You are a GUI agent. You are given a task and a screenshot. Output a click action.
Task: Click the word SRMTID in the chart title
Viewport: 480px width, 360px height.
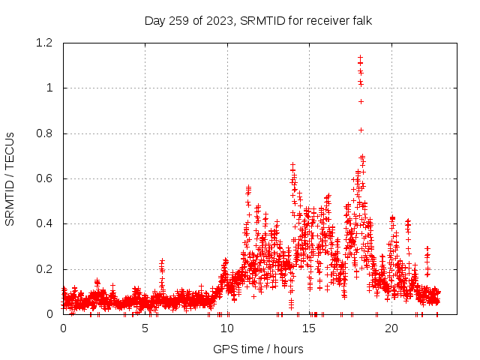point(259,20)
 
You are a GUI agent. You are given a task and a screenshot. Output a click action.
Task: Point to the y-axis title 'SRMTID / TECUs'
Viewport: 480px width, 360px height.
point(10,178)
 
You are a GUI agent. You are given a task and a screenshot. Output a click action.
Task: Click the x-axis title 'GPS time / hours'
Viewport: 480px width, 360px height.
point(258,349)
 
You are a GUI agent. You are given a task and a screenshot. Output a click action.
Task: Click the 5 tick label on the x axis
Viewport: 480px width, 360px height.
point(145,328)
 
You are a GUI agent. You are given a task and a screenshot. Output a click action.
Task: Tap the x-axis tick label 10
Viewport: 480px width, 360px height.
point(227,328)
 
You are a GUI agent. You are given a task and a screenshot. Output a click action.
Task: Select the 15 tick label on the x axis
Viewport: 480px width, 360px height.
point(310,328)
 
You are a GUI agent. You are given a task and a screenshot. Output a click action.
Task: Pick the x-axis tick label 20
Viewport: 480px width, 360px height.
point(391,328)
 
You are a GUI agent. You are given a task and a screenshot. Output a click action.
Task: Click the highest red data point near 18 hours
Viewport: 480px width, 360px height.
point(361,57)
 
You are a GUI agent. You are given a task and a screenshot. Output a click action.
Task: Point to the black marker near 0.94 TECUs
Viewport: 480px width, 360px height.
point(361,101)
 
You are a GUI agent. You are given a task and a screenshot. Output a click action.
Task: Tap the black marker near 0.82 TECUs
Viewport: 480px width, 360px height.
point(361,130)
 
